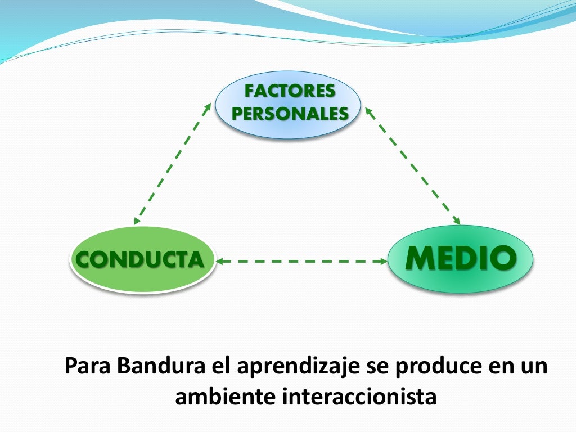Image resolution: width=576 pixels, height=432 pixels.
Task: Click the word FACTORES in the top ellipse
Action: [290, 91]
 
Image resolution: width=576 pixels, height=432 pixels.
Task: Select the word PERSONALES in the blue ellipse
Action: [290, 113]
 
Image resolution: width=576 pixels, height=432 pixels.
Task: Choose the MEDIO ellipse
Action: [461, 258]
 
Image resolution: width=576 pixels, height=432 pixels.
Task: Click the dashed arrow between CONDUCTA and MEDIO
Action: [302, 261]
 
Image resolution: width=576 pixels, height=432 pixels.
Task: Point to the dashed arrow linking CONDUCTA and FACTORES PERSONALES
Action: [173, 164]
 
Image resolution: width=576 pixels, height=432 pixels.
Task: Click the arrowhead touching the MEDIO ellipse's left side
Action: [383, 261]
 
